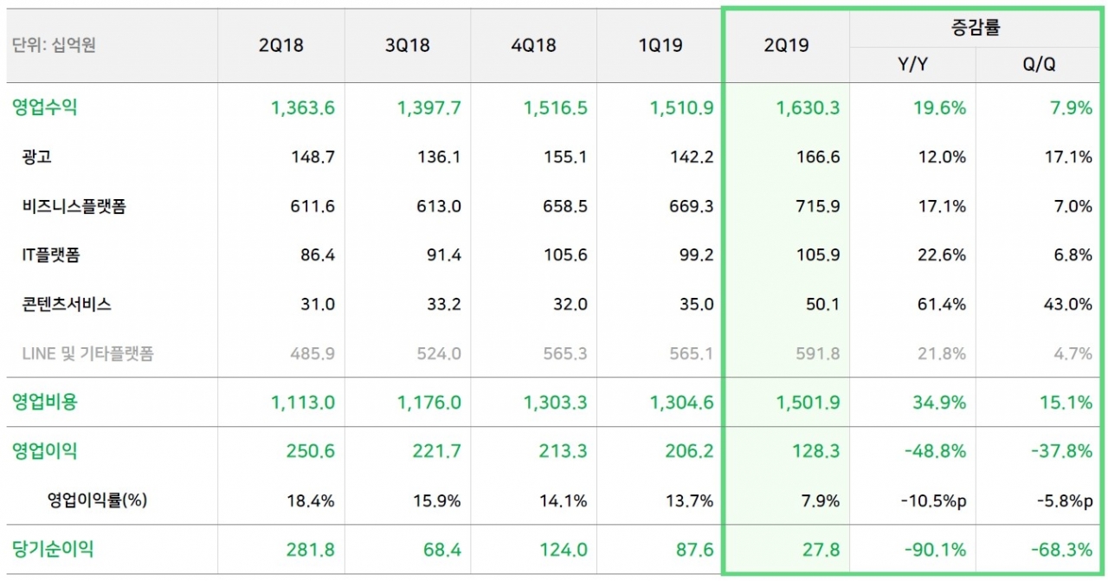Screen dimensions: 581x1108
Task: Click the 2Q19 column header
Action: pyautogui.click(x=786, y=45)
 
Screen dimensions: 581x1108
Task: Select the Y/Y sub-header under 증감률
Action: pyautogui.click(x=913, y=65)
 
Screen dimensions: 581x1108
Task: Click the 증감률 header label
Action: pyautogui.click(x=976, y=28)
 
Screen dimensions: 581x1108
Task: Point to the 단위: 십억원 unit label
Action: pyautogui.click(x=54, y=45)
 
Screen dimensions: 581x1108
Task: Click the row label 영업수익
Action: pyautogui.click(x=45, y=107)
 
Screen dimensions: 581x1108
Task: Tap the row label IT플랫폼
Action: pyautogui.click(x=52, y=255)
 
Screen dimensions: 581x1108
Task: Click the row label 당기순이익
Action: pyautogui.click(x=53, y=549)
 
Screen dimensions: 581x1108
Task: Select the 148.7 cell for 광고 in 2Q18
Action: pyautogui.click(x=314, y=158)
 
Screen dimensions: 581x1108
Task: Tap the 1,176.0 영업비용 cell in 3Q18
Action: pyautogui.click(x=429, y=402)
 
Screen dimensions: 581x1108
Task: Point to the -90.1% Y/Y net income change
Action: pyautogui.click(x=937, y=550)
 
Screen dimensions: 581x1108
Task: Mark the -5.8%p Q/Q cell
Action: pyautogui.click(x=1061, y=500)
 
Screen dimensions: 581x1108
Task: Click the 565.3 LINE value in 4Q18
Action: pyautogui.click(x=567, y=353)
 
